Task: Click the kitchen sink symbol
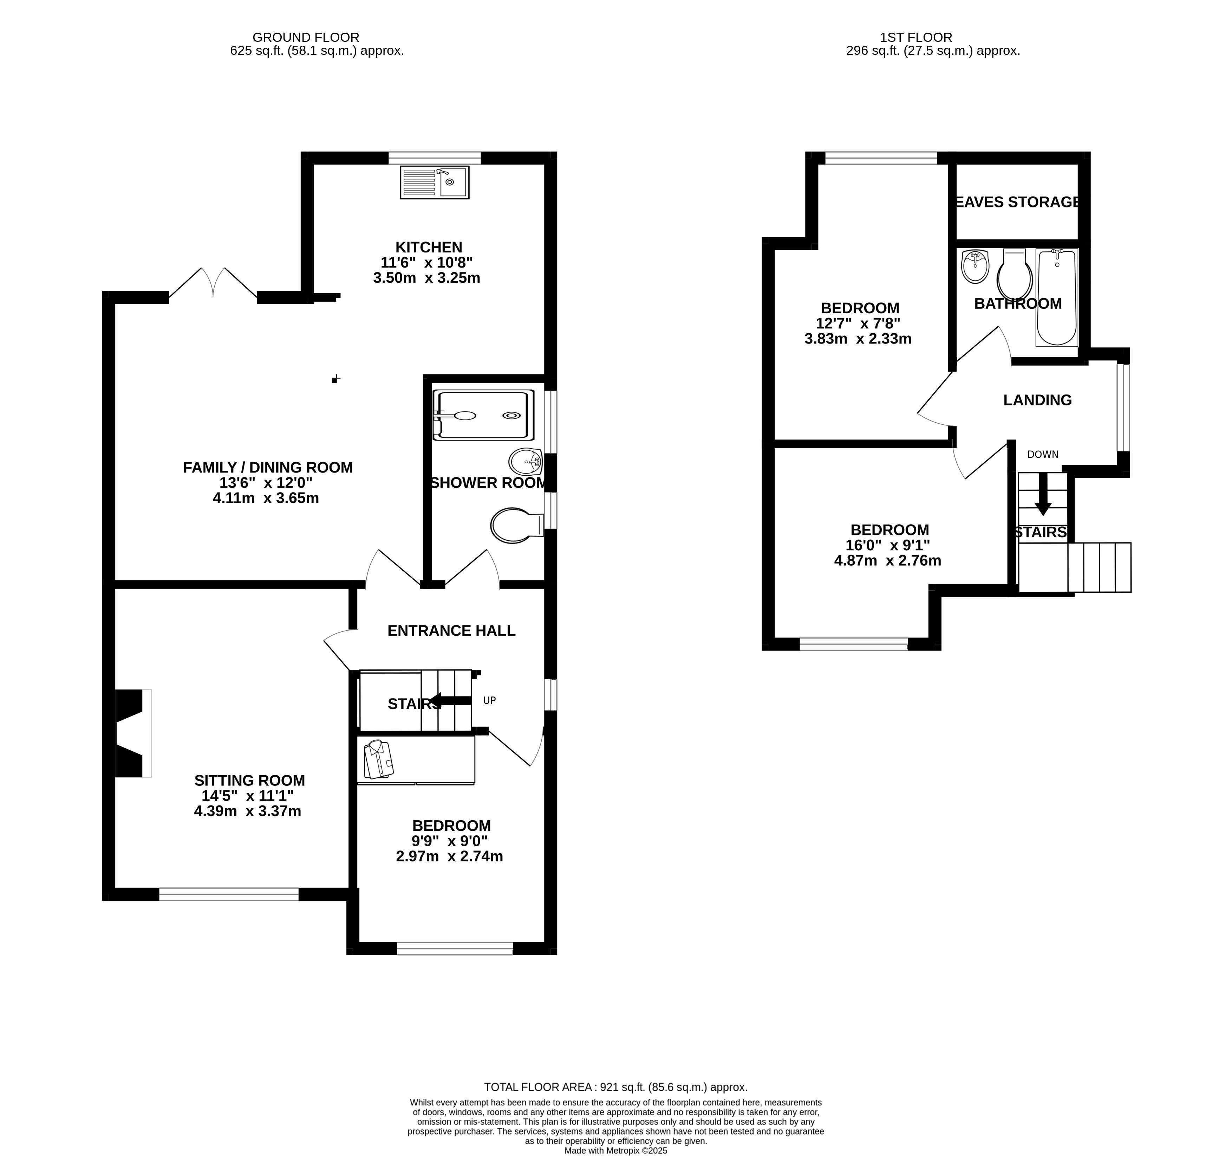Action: pyautogui.click(x=435, y=182)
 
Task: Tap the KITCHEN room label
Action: pyautogui.click(x=429, y=247)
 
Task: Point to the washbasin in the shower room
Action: pyautogui.click(x=526, y=461)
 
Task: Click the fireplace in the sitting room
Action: pyautogui.click(x=133, y=733)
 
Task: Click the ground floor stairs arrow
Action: pyautogui.click(x=450, y=701)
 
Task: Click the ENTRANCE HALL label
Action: pyautogui.click(x=451, y=631)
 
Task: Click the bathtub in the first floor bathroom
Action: pyautogui.click(x=1057, y=298)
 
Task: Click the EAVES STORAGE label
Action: pyautogui.click(x=1018, y=201)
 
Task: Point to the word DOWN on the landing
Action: pyautogui.click(x=1043, y=455)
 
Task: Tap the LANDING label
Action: pyautogui.click(x=1037, y=400)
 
